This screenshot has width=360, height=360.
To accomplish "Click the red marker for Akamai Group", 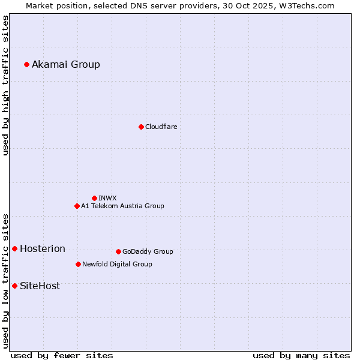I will [x=26, y=64].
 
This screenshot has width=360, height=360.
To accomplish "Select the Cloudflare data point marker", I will [x=141, y=127].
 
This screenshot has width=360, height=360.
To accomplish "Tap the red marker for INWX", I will [x=94, y=198].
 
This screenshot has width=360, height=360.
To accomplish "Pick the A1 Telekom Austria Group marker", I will [x=77, y=206].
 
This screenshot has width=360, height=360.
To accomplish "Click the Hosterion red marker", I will [x=14, y=248].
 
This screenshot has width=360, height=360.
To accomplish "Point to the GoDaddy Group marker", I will [x=118, y=251].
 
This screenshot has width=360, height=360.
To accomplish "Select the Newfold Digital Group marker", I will [x=78, y=264].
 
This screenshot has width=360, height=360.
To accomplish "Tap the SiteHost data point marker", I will [x=14, y=286].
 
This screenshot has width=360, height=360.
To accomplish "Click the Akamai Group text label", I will [x=66, y=64].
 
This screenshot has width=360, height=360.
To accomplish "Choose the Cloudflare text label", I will [x=161, y=127].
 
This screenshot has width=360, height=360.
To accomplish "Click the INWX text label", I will [x=108, y=198].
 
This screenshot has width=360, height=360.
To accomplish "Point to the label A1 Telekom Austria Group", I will [x=123, y=206].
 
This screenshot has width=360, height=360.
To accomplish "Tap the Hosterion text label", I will [x=43, y=248].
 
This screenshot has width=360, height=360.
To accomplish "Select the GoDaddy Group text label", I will [x=148, y=251].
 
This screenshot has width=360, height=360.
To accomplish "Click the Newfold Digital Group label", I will [x=118, y=264].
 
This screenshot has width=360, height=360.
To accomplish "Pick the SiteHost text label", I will [x=40, y=286].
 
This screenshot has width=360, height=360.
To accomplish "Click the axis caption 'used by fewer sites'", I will [x=62, y=355].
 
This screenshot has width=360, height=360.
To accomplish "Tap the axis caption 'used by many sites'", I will [x=301, y=355].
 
